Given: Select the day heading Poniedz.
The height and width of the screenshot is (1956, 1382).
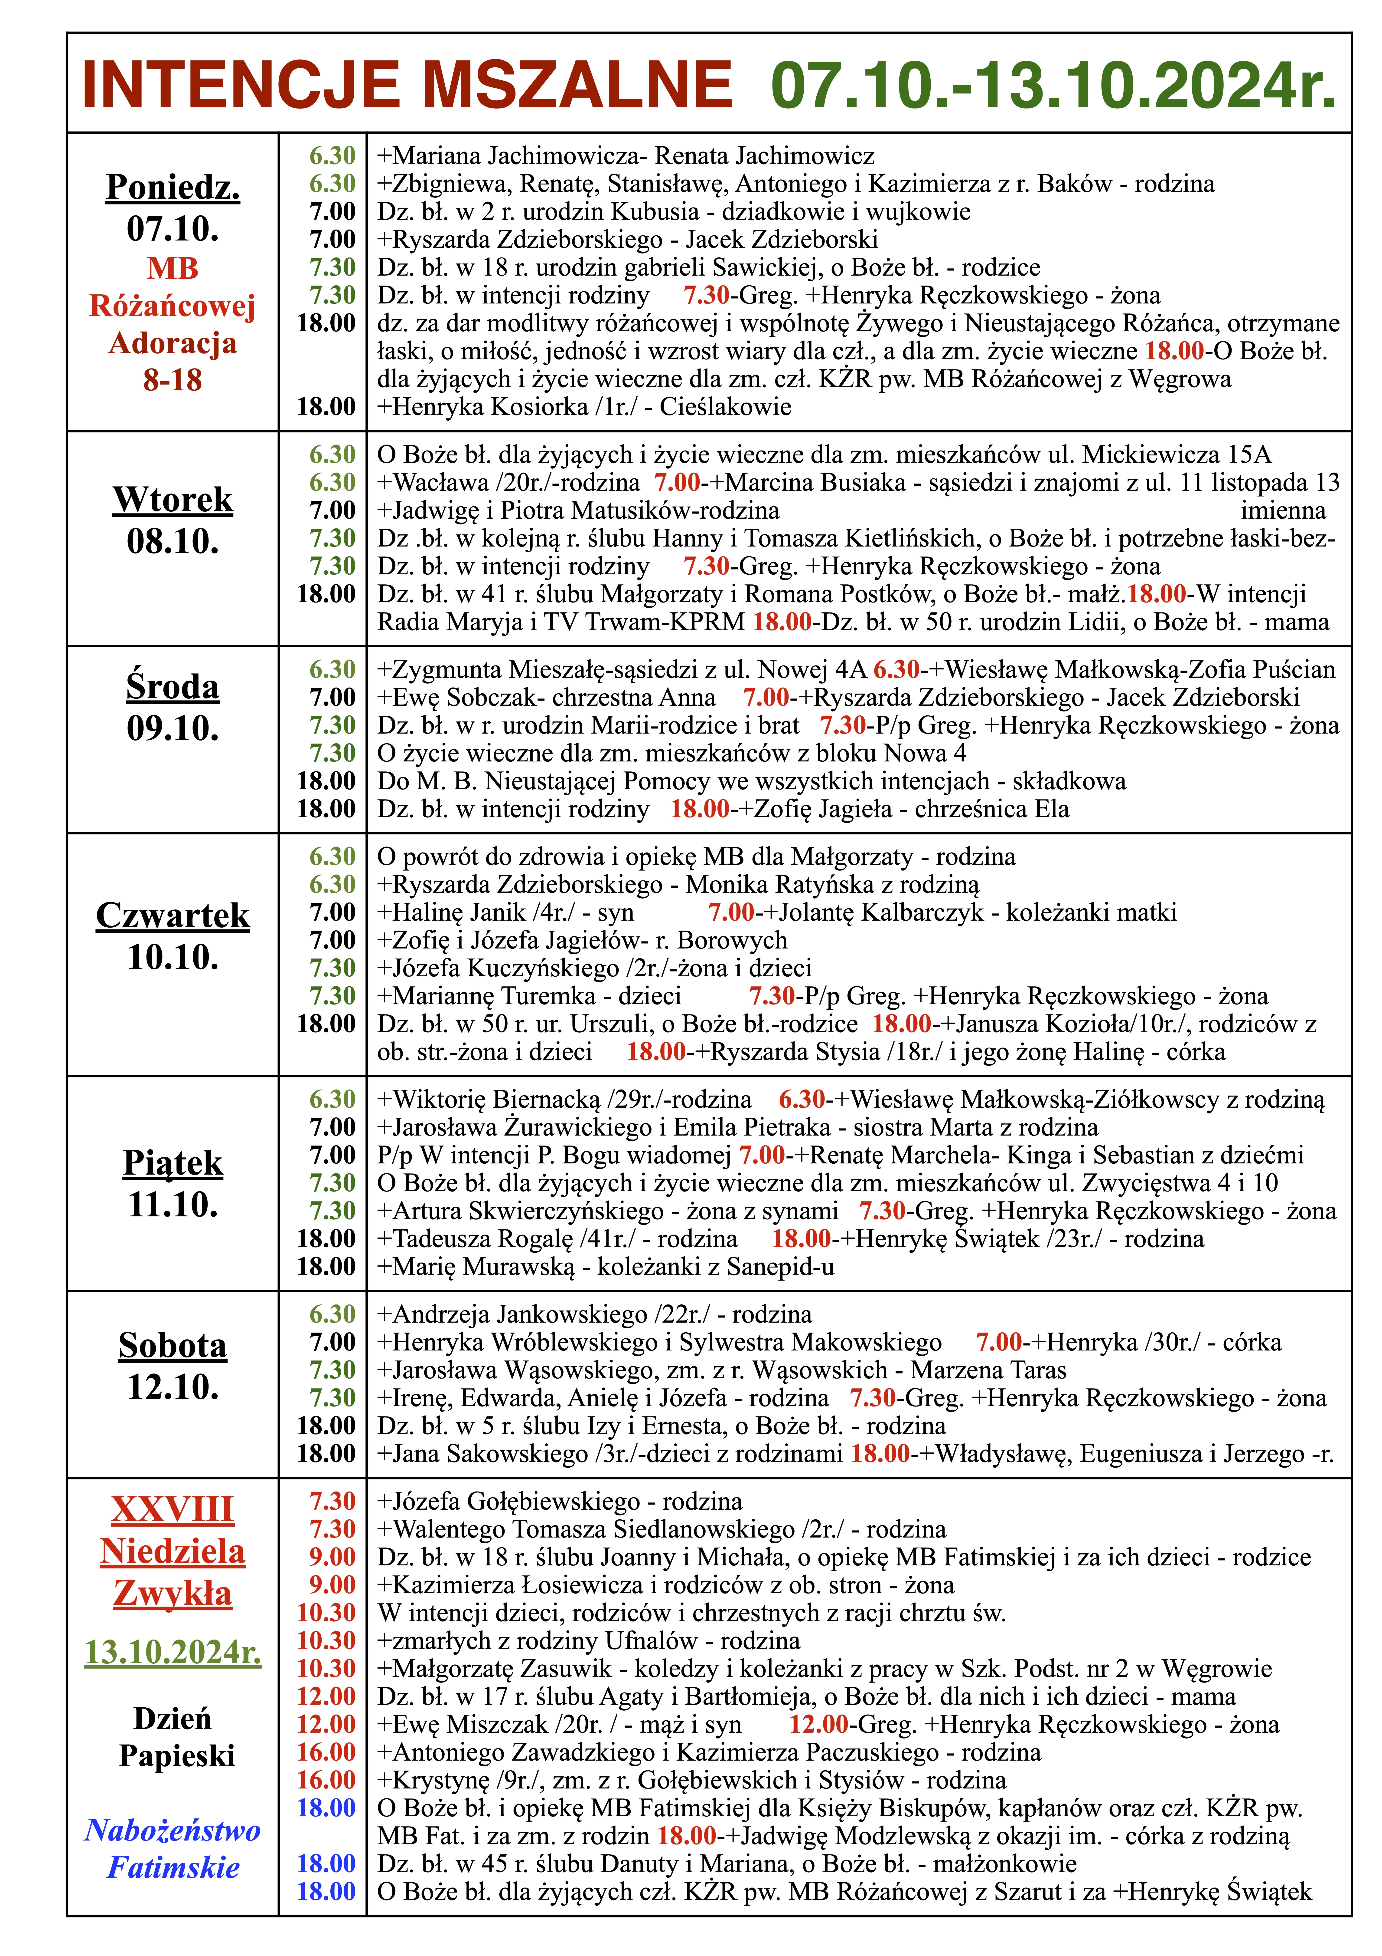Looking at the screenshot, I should click(x=173, y=187).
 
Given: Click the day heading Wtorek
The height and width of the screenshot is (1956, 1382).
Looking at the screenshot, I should click(x=173, y=499).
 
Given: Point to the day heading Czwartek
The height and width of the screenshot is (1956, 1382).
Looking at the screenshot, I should click(x=173, y=915).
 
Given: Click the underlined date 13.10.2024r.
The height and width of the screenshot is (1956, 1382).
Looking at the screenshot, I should click(x=173, y=1652).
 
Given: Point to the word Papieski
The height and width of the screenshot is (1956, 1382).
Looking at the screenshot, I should click(x=176, y=1756).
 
